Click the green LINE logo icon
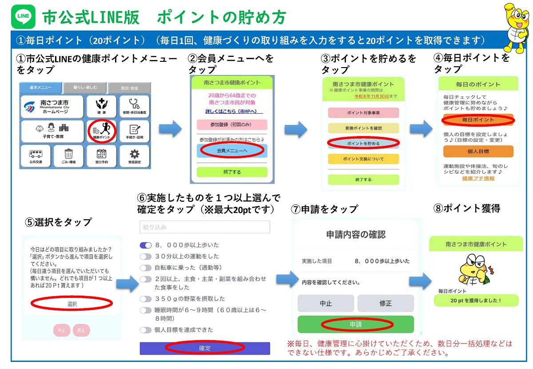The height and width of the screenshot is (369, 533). click(x=23, y=16)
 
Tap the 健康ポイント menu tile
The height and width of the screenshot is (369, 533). click(x=102, y=131)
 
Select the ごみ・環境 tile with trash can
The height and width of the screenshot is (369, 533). click(x=68, y=156)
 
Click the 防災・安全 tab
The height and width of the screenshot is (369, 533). click(x=129, y=88)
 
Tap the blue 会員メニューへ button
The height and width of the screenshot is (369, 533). click(x=232, y=151)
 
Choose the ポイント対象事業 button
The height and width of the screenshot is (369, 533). click(x=363, y=113)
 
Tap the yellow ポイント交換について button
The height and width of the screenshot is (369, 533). click(x=363, y=159)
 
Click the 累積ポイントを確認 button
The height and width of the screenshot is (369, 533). click(x=363, y=128)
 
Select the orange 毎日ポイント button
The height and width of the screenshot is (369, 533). click(x=478, y=120)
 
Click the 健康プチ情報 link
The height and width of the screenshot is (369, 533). click(x=478, y=179)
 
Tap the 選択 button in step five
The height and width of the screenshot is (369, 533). click(x=72, y=304)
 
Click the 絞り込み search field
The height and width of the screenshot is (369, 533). click(x=205, y=227)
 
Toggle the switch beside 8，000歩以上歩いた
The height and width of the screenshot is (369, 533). click(x=146, y=245)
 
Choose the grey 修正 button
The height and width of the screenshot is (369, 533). click(x=386, y=303)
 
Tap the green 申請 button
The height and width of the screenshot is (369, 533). click(x=355, y=325)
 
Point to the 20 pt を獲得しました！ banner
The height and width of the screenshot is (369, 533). click(x=476, y=301)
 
